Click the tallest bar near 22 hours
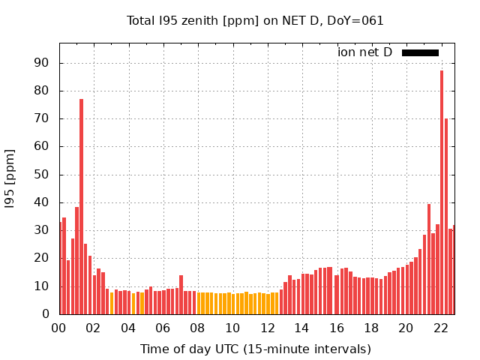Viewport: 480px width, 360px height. tap(442, 192)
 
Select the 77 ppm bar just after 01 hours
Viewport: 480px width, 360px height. tap(81, 206)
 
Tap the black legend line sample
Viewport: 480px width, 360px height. tap(420, 52)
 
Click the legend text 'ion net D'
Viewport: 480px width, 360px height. tap(364, 52)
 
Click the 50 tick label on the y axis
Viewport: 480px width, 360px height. tap(42, 175)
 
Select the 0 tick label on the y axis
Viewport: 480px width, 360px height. tap(46, 314)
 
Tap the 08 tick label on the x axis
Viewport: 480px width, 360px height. tap(197, 328)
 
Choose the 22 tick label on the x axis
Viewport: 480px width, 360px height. tap(441, 328)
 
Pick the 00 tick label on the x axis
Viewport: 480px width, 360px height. tap(58, 328)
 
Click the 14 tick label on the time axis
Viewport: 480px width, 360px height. tap(302, 328)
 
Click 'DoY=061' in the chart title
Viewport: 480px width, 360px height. tap(355, 20)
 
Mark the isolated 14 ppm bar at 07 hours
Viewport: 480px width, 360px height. tap(181, 295)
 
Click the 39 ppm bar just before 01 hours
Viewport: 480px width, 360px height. tap(76, 260)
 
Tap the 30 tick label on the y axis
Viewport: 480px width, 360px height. tap(42, 230)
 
